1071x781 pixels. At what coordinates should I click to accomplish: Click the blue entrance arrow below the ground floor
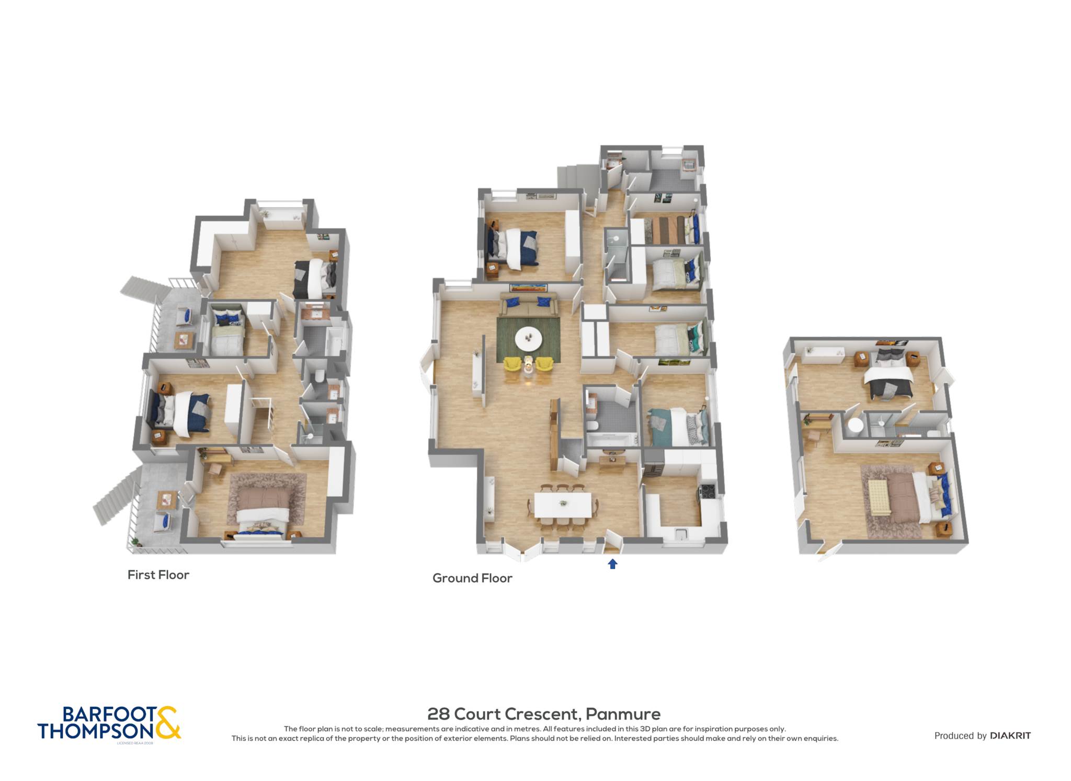(x=612, y=564)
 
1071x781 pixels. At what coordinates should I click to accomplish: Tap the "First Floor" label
(x=158, y=575)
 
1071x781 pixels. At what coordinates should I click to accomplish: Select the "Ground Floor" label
(x=472, y=578)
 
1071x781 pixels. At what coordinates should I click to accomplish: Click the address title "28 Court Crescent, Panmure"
(x=544, y=714)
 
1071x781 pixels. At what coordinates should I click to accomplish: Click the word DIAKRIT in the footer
(x=1010, y=736)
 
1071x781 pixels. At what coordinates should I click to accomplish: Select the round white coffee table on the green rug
(x=529, y=339)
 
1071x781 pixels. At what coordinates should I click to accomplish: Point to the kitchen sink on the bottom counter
(x=680, y=533)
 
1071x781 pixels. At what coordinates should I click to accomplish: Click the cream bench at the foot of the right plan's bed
(x=879, y=497)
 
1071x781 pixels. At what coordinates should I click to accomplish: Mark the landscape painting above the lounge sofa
(x=529, y=286)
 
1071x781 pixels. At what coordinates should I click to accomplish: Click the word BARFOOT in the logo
(x=109, y=714)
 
